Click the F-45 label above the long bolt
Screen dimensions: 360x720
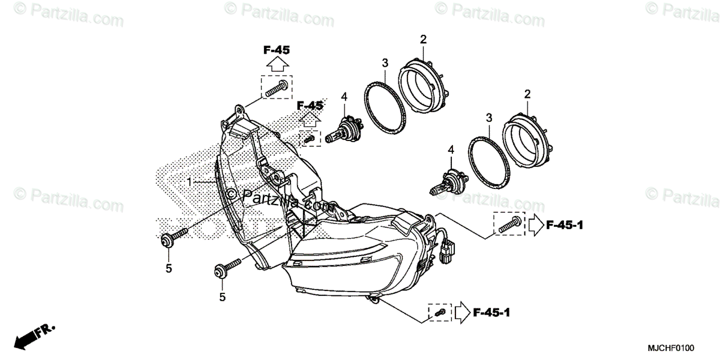tap(276, 50)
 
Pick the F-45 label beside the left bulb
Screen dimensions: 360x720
tap(310, 106)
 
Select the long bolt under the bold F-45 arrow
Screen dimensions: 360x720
tap(276, 89)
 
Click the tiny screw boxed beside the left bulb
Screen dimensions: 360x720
tap(310, 139)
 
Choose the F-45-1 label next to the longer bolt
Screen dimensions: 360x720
tap(565, 226)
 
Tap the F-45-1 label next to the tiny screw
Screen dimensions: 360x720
tap(492, 312)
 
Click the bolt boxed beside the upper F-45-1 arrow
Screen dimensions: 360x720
tap(508, 226)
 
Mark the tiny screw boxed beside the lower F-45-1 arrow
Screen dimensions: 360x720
tap(440, 313)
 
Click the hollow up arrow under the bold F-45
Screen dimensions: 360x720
tap(276, 64)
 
